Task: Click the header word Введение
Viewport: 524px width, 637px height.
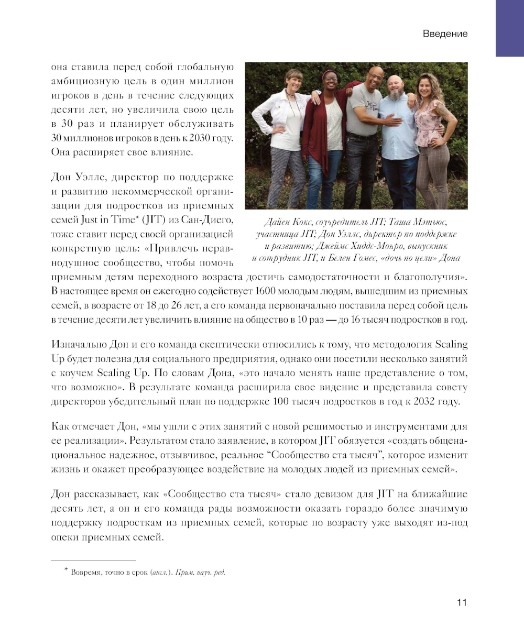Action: pos(445,34)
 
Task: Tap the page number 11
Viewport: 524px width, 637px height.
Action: pos(462,602)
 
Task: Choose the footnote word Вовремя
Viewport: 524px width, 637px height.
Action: pos(86,572)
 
